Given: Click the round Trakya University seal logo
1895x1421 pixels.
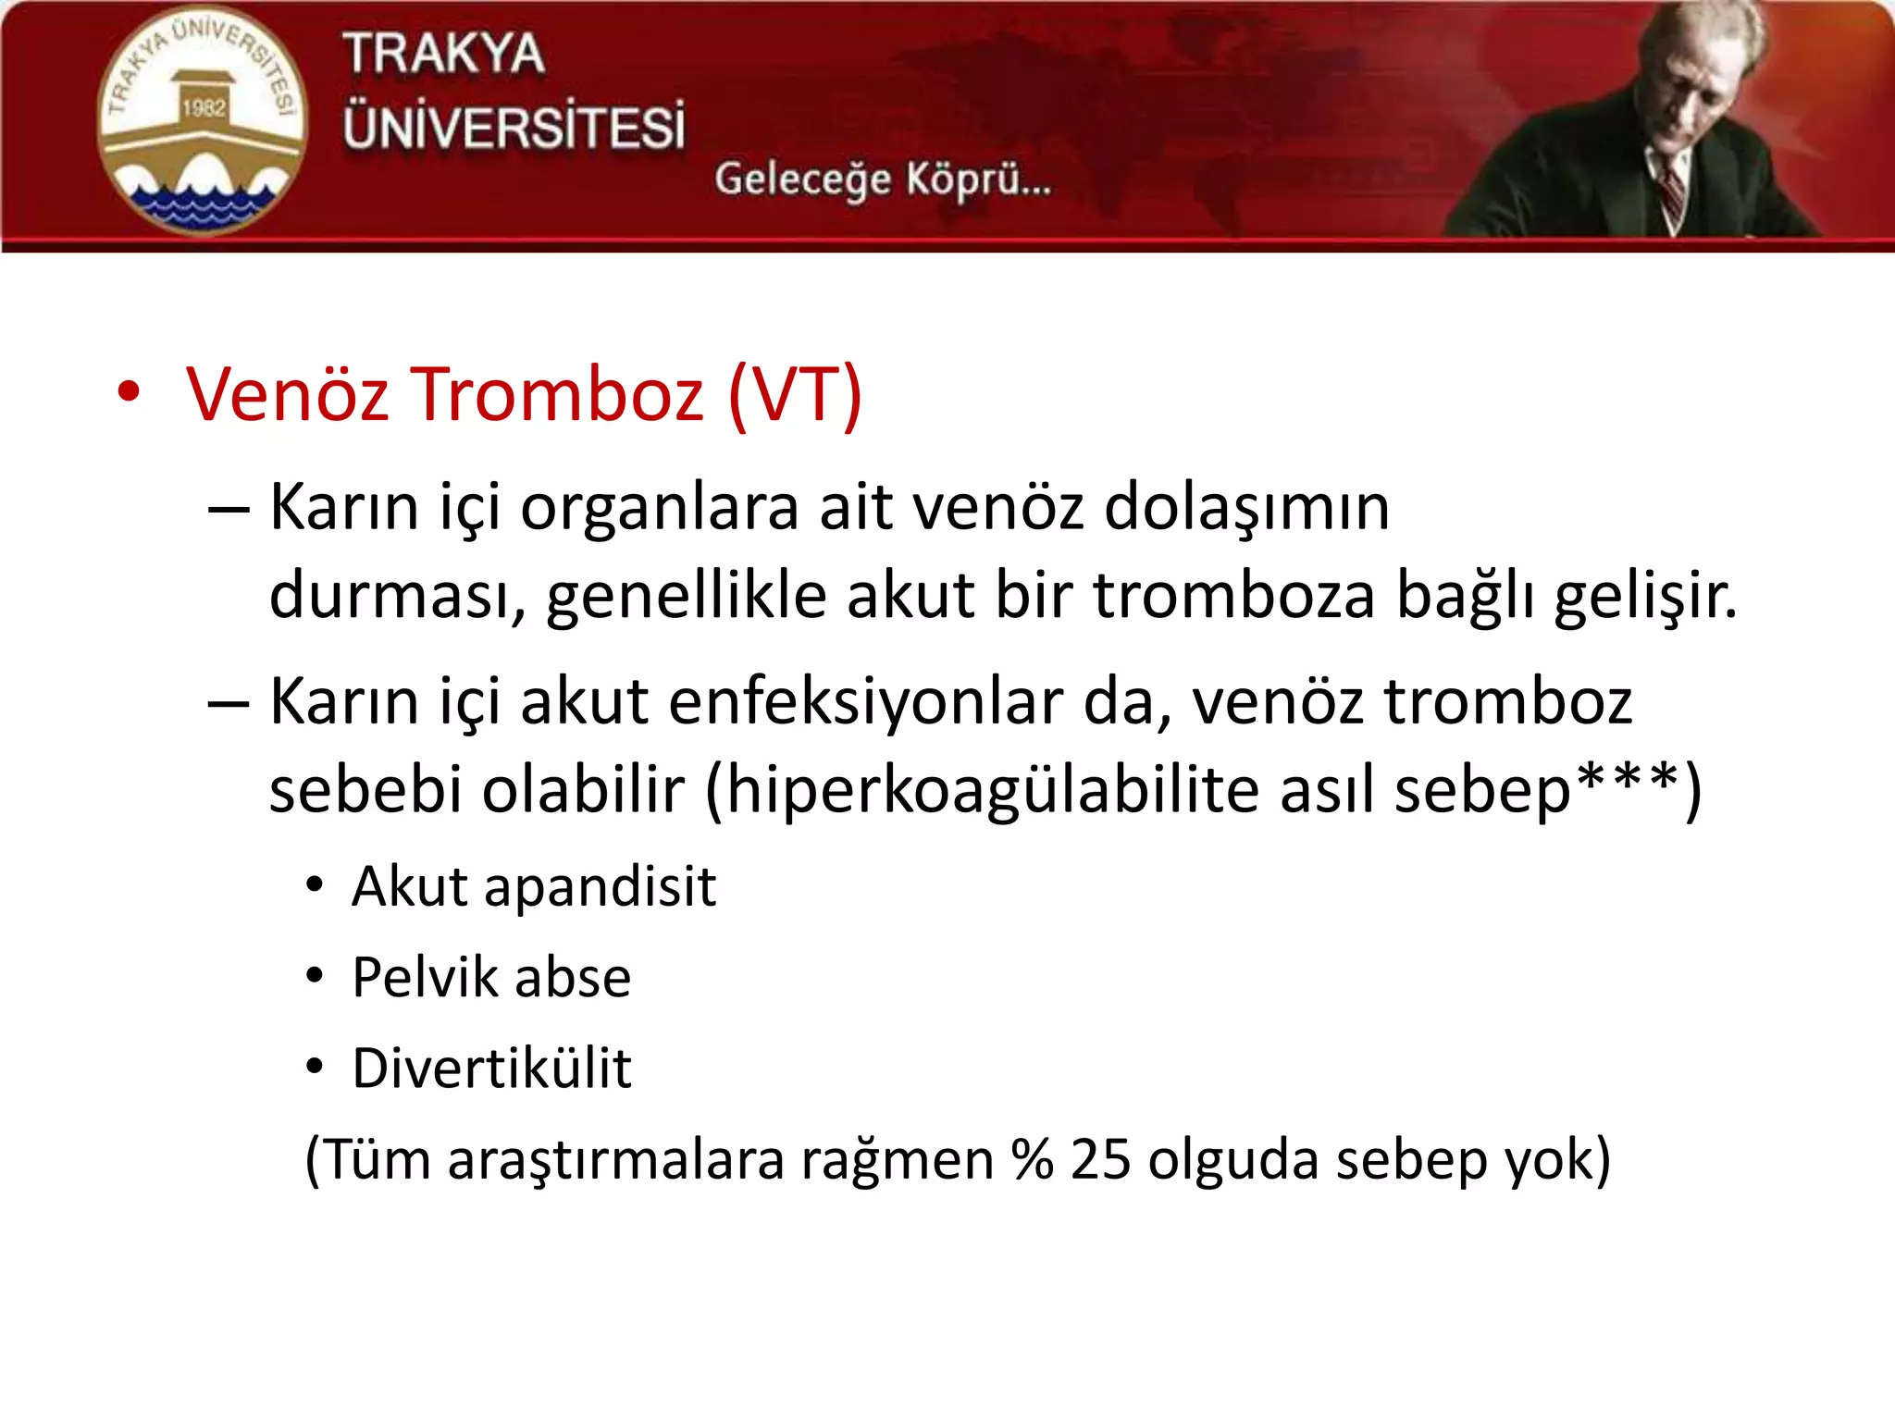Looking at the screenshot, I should pos(202,121).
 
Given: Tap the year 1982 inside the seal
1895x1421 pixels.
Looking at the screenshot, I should pos(204,107).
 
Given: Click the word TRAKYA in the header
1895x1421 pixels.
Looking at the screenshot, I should pos(443,54).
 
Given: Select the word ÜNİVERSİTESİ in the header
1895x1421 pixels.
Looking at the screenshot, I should pos(514,127).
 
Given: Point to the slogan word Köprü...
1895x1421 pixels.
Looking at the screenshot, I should pos(977,179).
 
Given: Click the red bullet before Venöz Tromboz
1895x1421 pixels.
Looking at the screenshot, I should pos(129,392).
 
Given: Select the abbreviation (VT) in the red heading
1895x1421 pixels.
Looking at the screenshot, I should pos(795,394).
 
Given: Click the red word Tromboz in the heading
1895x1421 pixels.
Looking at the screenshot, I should pos(556,394).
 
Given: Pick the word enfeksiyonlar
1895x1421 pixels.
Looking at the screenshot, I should pos(865,701).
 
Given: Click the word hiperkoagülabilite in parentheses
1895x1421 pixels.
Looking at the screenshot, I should pos(991,790).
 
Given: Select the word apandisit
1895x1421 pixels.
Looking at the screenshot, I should pos(600,886).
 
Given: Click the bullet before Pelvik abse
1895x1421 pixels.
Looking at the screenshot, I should pos(315,976).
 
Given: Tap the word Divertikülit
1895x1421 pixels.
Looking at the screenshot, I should pos(491,1068).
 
